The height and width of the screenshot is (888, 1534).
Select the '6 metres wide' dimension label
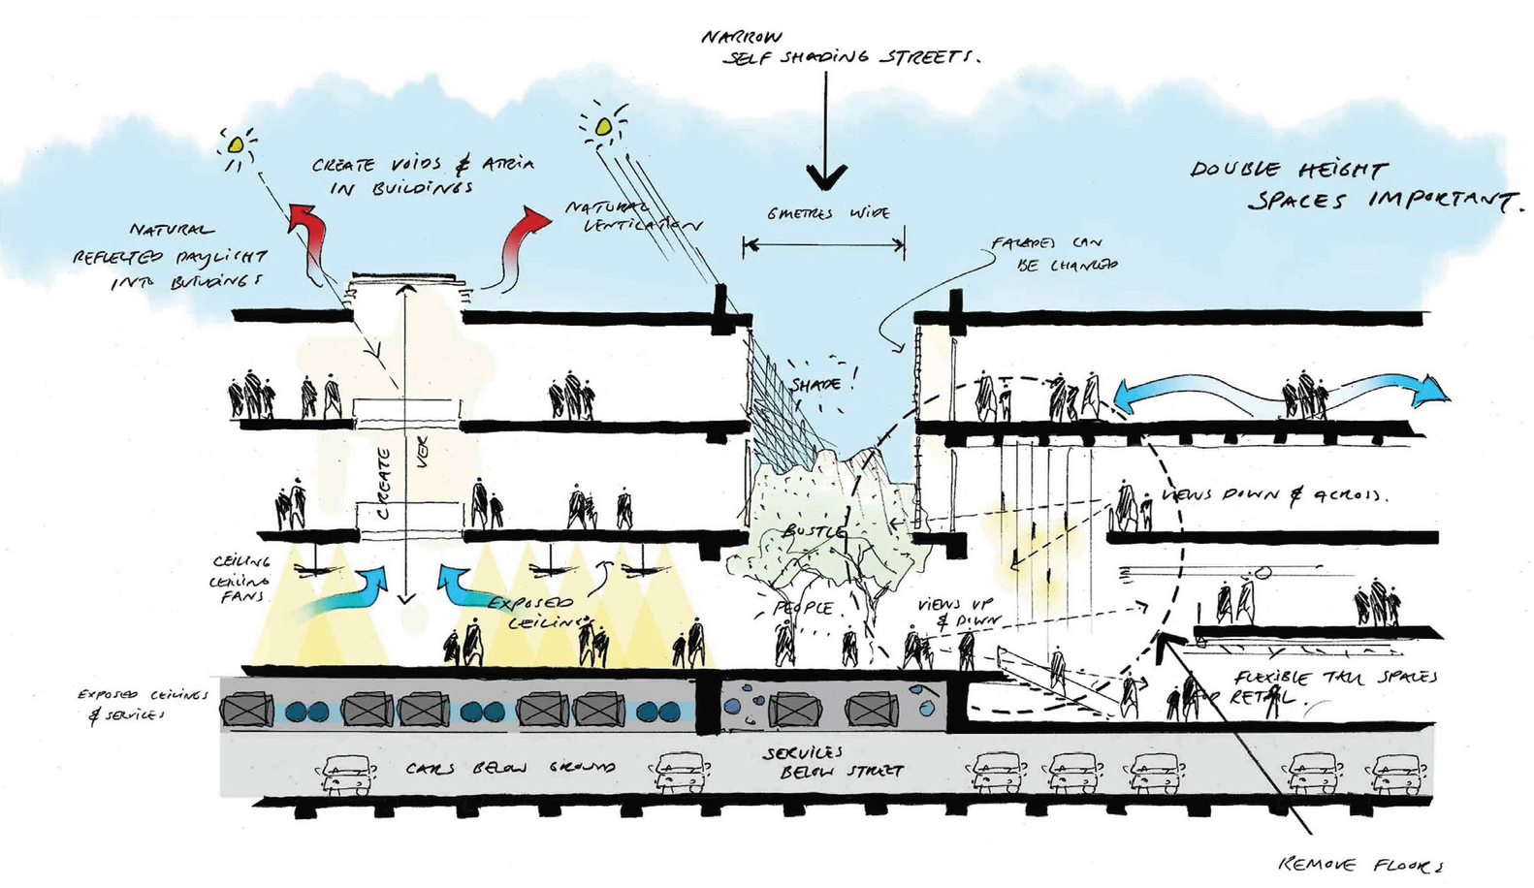828,213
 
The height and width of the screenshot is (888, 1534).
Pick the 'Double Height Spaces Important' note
1353,186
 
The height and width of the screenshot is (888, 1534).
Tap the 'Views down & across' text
1275,494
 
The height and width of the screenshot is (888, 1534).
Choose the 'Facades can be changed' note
1052,253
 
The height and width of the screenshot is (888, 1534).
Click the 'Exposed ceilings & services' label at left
143,705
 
